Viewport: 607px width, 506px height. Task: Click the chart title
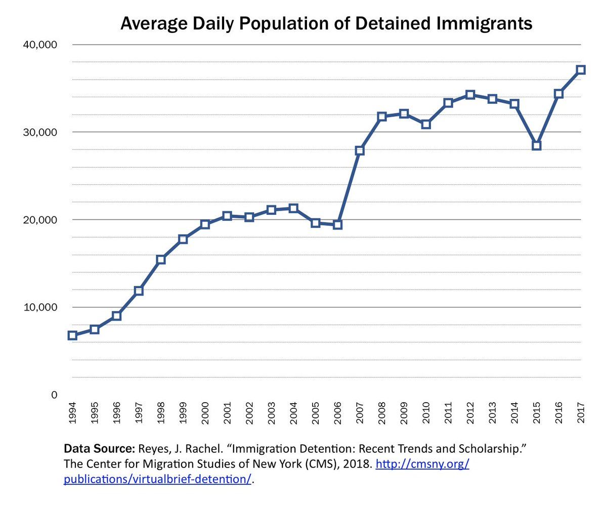pyautogui.click(x=326, y=23)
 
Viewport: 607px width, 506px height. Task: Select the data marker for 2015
pyautogui.click(x=537, y=146)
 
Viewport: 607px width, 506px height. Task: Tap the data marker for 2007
pyautogui.click(x=360, y=150)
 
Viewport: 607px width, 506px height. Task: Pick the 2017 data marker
pyautogui.click(x=581, y=70)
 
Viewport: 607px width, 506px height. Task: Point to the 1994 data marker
pyautogui.click(x=72, y=335)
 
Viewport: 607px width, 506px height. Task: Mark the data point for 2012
pyautogui.click(x=470, y=95)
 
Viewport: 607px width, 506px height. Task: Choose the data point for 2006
pyautogui.click(x=337, y=224)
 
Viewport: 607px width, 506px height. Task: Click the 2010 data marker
pyautogui.click(x=426, y=124)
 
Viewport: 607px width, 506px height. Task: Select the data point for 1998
pyautogui.click(x=161, y=260)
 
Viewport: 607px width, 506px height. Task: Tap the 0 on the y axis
pyautogui.click(x=55, y=395)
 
